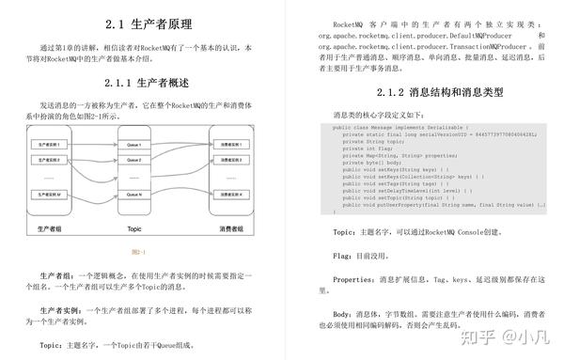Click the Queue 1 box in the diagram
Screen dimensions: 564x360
133,145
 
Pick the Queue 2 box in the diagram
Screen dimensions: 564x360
133,160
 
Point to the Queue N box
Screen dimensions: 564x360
133,195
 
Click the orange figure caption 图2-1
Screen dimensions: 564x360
138,251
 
